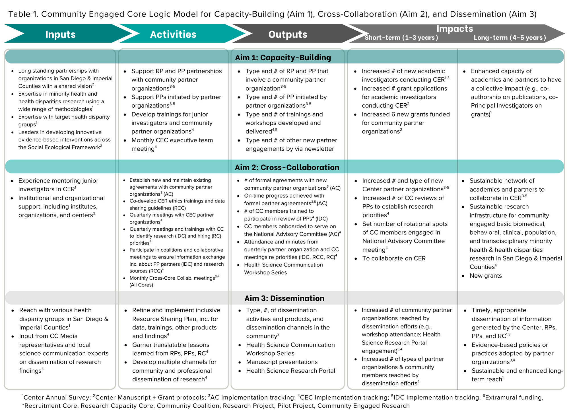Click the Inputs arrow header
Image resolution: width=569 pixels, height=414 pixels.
(x=60, y=34)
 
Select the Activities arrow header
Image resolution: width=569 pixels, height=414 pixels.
(x=173, y=34)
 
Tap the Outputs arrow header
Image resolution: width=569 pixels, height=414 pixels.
(x=288, y=34)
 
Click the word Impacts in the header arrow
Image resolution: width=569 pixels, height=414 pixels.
(x=455, y=29)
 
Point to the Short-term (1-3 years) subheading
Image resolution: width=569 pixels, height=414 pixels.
(x=401, y=38)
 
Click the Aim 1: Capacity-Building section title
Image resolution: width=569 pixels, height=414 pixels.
(x=283, y=58)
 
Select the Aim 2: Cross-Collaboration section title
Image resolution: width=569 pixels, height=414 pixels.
(x=287, y=167)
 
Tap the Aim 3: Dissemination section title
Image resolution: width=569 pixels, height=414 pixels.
(x=284, y=298)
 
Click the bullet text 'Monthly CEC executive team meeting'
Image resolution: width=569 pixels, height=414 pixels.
(x=172, y=144)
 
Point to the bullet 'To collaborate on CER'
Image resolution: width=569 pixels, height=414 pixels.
(x=394, y=258)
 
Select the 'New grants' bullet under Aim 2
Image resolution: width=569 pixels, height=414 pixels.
(x=485, y=276)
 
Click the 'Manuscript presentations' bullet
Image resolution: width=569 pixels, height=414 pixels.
(x=282, y=362)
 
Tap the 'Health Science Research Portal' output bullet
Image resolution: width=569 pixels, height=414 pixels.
(x=290, y=371)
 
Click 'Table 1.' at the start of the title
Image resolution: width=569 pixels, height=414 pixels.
(x=23, y=14)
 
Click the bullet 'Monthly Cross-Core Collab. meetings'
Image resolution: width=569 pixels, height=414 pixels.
(x=172, y=278)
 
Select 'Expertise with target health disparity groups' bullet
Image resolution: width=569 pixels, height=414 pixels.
(x=64, y=120)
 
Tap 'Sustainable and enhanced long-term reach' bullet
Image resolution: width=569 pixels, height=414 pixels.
(x=517, y=375)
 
